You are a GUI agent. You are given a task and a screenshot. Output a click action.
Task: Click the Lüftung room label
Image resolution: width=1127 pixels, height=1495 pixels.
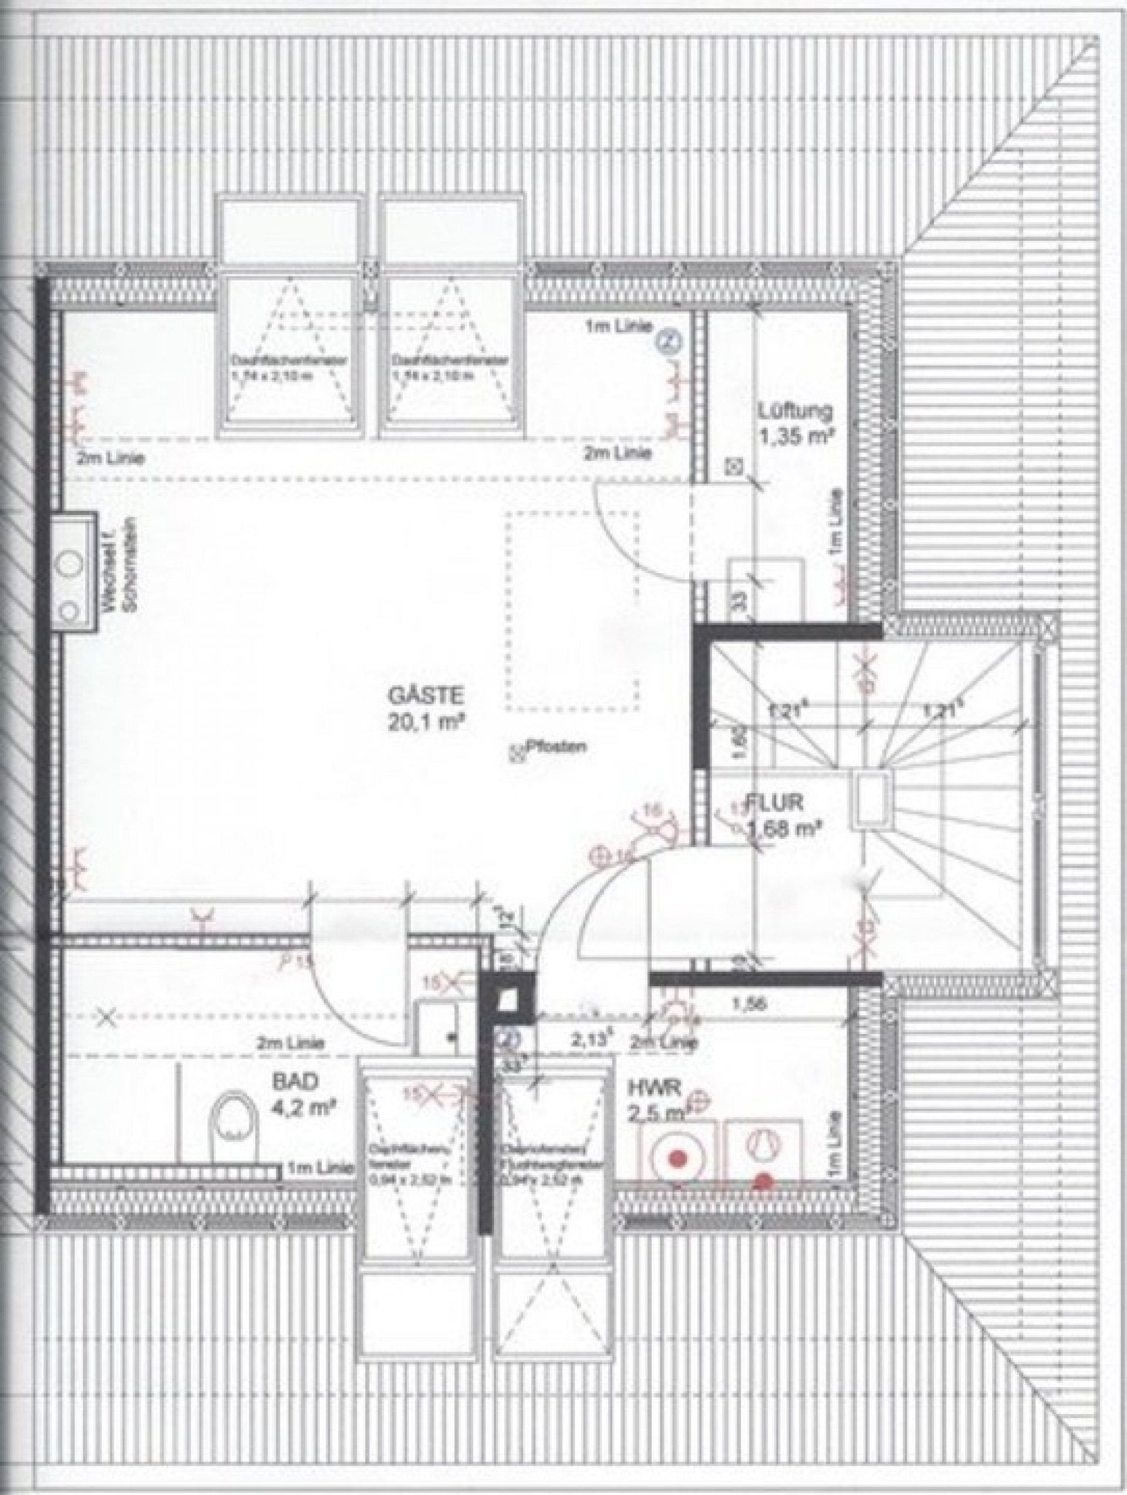(x=795, y=410)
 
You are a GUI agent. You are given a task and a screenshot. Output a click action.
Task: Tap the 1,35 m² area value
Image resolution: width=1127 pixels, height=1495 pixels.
(x=795, y=437)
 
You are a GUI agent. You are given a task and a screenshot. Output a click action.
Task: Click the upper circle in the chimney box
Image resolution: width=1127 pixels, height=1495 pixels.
(x=70, y=563)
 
